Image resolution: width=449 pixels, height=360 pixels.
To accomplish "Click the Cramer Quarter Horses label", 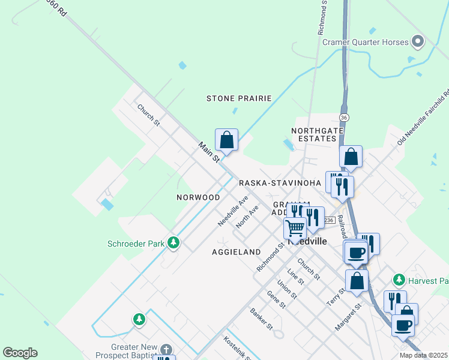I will point(365,43).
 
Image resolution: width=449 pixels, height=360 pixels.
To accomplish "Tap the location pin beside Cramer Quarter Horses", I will point(418,43).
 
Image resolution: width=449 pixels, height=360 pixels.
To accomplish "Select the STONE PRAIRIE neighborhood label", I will point(239,98).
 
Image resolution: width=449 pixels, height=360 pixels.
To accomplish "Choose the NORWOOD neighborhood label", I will point(198,197).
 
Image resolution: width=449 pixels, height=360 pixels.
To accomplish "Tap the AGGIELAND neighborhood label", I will point(236,252).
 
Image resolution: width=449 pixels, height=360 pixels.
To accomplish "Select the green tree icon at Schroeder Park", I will point(173,242).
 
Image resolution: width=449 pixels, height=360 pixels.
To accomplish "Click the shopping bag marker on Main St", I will point(227,140).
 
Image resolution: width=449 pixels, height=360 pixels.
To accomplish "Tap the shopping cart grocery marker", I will point(295,229).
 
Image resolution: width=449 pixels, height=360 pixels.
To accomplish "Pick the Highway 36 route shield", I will point(343,117).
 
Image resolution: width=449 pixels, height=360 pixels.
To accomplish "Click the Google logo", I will point(20,353).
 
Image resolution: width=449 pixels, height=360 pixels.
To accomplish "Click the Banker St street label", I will point(262,319).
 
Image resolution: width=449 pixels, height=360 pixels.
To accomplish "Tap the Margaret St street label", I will point(349,316).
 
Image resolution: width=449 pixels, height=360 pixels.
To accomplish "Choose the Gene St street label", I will point(277,302).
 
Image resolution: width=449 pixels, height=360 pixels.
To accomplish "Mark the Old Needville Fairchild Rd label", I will point(424,118).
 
